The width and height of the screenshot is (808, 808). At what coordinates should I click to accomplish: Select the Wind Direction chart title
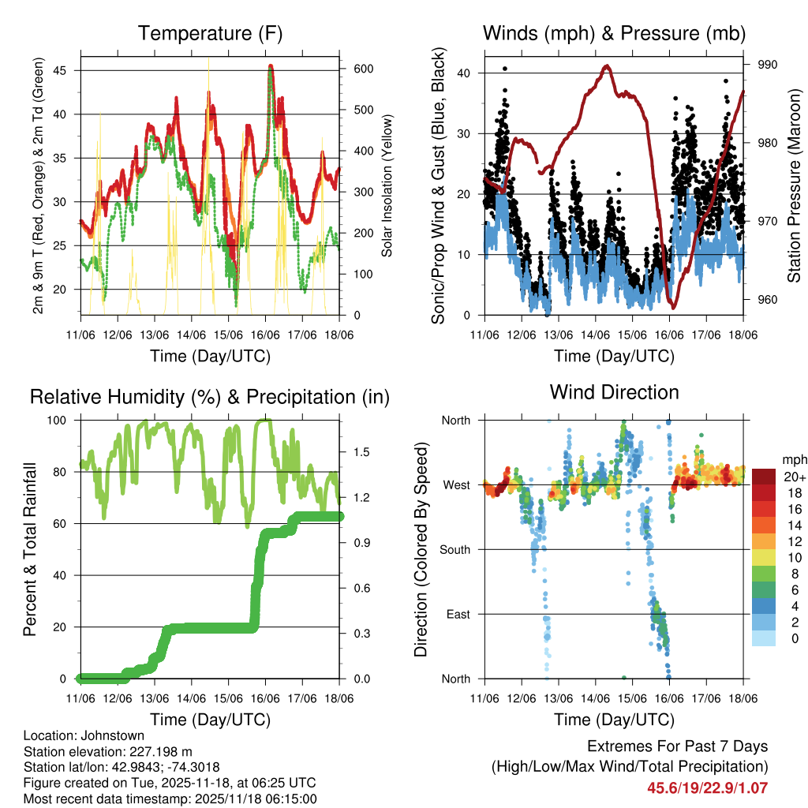[614, 392]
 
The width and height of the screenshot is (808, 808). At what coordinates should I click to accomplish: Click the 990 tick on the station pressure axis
[768, 65]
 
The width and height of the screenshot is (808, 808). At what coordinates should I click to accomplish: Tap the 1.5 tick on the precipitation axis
[362, 452]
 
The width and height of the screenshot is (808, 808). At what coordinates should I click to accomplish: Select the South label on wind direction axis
[454, 549]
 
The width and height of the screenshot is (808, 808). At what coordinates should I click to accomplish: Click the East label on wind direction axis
[458, 614]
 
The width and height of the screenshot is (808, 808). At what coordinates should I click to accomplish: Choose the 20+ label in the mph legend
[794, 477]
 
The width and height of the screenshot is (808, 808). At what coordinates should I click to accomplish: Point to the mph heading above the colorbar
[793, 459]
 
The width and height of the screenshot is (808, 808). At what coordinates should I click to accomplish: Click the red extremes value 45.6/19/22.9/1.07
[707, 787]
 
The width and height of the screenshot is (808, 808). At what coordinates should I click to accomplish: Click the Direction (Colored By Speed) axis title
[421, 548]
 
